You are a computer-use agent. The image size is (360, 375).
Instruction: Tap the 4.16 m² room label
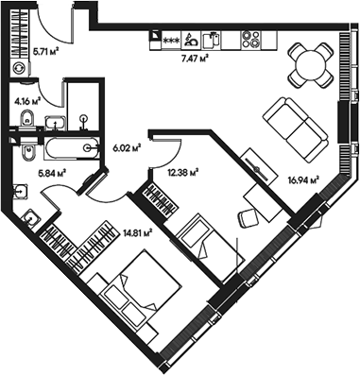pos(26,99)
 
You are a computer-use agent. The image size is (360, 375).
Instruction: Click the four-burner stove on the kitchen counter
pos(251,40)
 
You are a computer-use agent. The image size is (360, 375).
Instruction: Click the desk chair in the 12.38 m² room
pos(247,216)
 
